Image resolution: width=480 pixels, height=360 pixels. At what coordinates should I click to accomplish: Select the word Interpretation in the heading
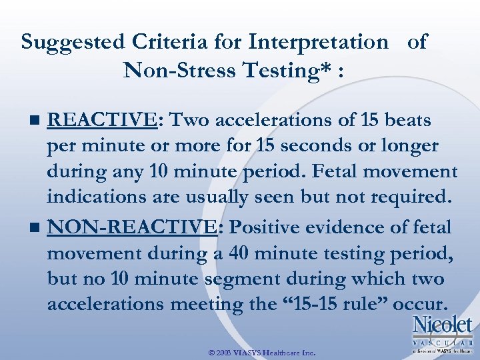click(x=318, y=42)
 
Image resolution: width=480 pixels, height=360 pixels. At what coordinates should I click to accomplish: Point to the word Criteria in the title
click(x=163, y=42)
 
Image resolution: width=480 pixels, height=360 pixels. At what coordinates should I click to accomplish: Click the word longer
click(x=411, y=145)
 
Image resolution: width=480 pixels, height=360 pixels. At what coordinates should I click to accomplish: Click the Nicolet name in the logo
click(x=442, y=325)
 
